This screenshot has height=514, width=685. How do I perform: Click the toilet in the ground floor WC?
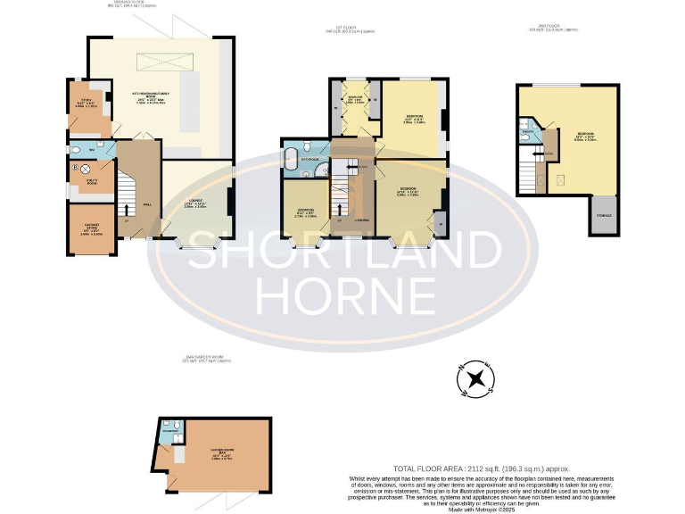click(76, 150)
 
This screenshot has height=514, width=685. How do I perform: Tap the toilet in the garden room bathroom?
click(178, 424)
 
